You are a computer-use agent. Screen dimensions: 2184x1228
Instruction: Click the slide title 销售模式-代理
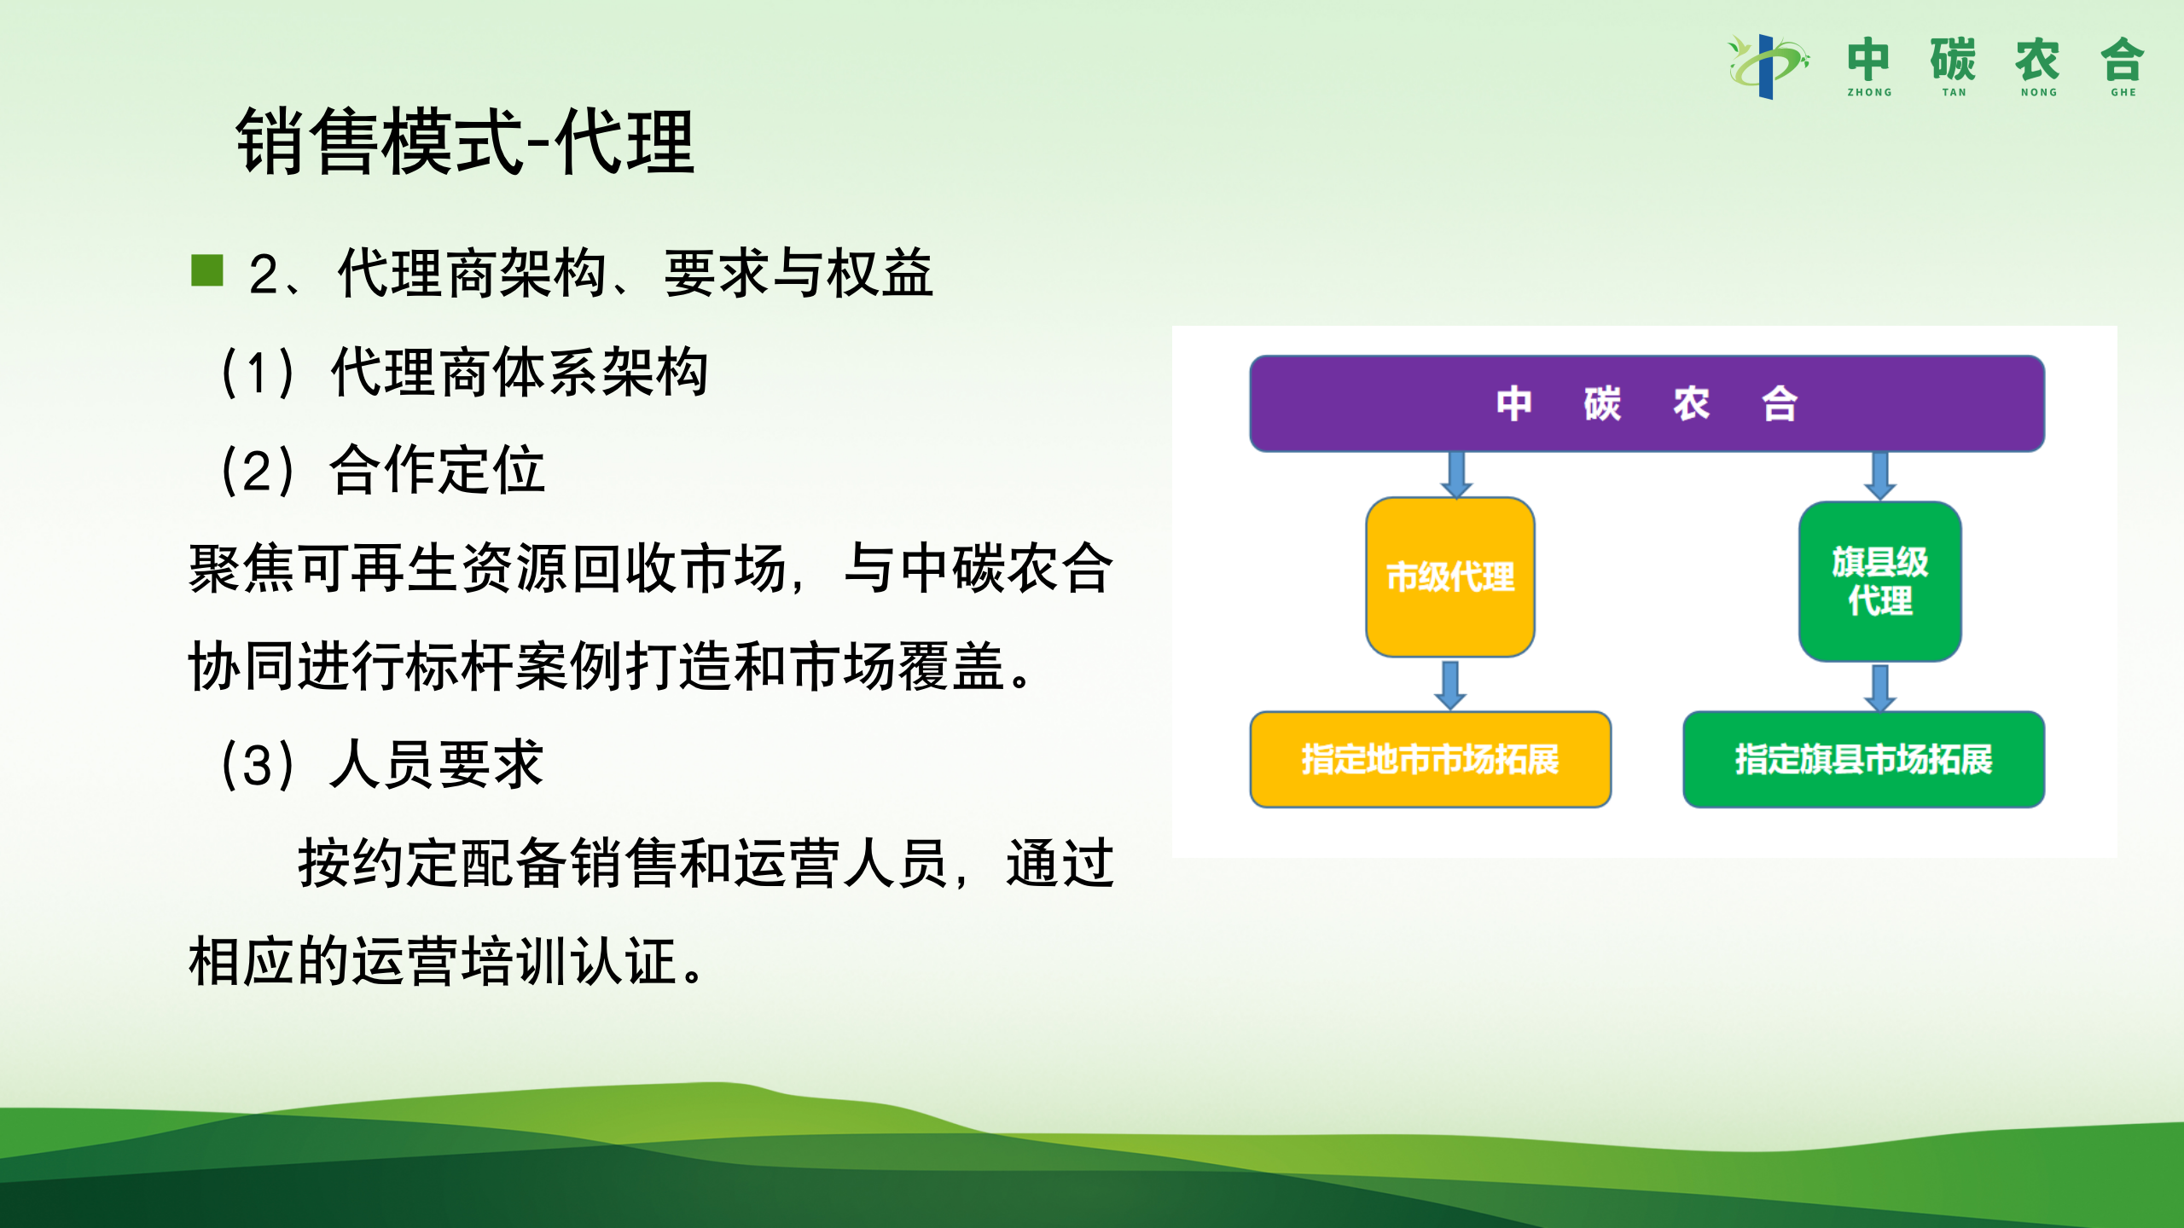465,142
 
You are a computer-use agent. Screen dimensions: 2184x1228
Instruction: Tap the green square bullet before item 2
207,270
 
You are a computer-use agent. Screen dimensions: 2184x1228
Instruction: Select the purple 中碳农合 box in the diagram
1647,403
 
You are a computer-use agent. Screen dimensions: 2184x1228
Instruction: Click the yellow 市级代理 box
1450,577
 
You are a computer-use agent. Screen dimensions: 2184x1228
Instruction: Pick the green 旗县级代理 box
1880,582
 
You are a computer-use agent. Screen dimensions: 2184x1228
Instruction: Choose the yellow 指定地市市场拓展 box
1431,759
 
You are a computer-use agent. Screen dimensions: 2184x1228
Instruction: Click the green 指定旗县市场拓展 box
1864,759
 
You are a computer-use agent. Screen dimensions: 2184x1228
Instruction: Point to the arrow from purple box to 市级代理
1456,475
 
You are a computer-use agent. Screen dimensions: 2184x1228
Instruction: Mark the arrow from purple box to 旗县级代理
1880,476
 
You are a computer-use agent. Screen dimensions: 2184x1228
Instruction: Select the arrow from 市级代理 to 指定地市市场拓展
1450,685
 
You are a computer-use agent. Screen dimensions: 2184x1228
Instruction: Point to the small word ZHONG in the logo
1869,92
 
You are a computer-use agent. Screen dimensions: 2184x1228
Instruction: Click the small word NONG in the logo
2038,92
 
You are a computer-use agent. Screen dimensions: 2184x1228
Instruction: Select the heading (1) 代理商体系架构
465,373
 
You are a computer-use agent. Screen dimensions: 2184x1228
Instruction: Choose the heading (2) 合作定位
382,470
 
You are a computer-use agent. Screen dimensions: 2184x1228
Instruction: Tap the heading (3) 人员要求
382,765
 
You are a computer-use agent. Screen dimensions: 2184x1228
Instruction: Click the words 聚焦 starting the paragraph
242,569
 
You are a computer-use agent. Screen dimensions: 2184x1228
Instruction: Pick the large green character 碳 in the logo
1954,59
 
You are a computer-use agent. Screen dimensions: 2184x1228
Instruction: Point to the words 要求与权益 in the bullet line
799,274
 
